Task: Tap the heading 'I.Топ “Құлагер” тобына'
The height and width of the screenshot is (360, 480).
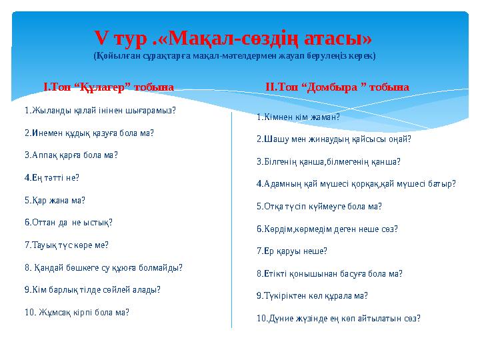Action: tap(108, 87)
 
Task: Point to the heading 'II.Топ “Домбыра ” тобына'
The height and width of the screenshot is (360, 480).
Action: tap(337, 87)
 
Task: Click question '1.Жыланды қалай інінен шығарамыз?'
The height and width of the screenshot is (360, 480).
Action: tap(100, 110)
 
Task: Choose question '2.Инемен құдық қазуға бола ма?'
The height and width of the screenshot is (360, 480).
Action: tap(89, 133)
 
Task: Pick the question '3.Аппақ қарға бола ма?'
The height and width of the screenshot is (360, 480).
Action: tap(71, 155)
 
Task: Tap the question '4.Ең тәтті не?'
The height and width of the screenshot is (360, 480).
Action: tap(51, 177)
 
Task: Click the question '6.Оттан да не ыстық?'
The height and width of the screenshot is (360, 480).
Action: tap(68, 222)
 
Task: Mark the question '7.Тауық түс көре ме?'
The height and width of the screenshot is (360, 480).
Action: tap(66, 245)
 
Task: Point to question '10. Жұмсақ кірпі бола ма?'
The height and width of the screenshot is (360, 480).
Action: tap(77, 312)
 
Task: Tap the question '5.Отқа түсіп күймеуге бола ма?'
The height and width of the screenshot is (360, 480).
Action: tap(319, 207)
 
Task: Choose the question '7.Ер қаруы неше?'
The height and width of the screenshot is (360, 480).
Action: tap(292, 251)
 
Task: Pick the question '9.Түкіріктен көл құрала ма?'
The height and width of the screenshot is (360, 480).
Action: tap(312, 295)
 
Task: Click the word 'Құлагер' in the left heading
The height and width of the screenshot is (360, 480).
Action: tap(105, 87)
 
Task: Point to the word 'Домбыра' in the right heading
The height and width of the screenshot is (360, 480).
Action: tap(333, 87)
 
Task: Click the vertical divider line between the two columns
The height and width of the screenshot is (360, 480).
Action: tap(231, 220)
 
